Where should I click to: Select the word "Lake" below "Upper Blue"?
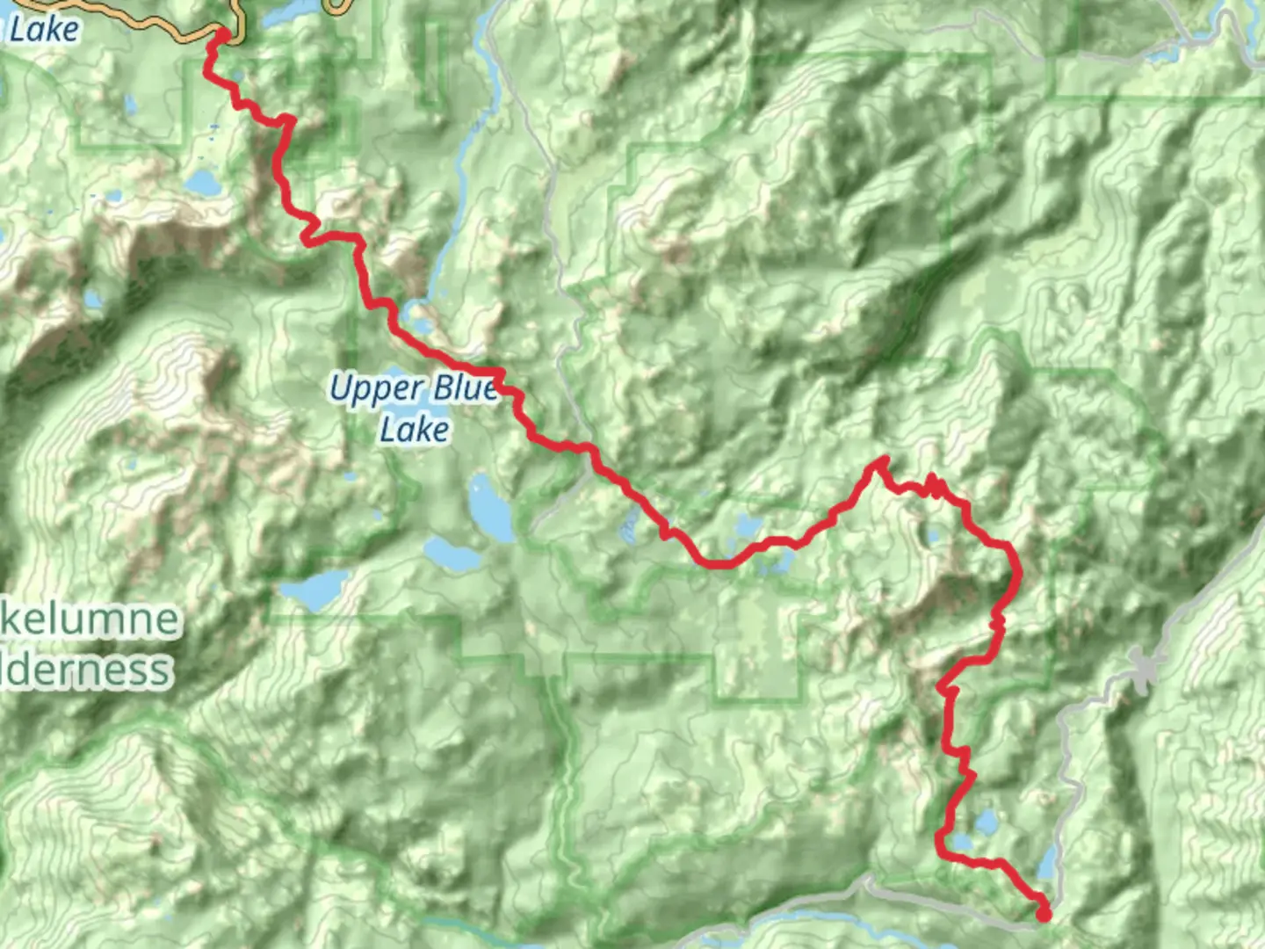click(415, 430)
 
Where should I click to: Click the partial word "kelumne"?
click(90, 619)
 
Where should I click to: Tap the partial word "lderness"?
click(86, 670)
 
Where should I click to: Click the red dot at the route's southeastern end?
click(1044, 915)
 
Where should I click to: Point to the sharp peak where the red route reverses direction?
click(882, 460)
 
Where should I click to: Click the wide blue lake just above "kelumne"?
click(314, 589)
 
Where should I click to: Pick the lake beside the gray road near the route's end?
click(1046, 865)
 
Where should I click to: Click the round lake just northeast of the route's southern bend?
click(987, 823)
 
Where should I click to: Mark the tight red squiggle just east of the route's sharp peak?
click(934, 485)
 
